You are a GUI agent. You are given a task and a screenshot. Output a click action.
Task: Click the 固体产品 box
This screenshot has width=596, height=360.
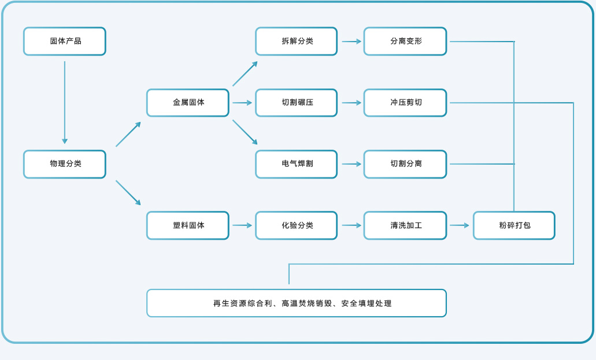(x=65, y=42)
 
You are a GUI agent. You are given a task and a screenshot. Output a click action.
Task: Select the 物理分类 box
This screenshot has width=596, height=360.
(x=65, y=164)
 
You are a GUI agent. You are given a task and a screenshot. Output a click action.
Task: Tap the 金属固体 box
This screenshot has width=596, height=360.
(x=188, y=103)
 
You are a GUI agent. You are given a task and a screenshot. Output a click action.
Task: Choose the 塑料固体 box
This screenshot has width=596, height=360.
(x=188, y=225)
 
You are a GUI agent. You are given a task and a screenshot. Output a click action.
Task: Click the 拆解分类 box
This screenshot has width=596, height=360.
(x=297, y=42)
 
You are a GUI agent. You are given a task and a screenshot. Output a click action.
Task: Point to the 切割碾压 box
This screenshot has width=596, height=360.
(x=297, y=103)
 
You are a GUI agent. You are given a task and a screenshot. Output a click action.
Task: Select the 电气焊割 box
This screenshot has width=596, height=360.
(x=297, y=164)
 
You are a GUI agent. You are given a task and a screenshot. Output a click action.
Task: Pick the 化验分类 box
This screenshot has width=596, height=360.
(x=297, y=225)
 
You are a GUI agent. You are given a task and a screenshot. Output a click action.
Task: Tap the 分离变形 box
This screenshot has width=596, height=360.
(x=405, y=42)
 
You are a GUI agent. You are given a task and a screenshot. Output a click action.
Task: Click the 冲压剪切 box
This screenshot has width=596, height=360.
(x=405, y=103)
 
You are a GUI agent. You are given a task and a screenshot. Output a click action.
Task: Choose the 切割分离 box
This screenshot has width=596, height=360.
(x=405, y=164)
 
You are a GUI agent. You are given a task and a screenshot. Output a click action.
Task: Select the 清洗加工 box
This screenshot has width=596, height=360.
(x=405, y=225)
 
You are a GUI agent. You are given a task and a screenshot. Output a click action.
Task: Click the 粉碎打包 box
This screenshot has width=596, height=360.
(x=514, y=225)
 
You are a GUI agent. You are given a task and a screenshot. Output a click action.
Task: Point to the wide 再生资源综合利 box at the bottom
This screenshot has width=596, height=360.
(x=297, y=303)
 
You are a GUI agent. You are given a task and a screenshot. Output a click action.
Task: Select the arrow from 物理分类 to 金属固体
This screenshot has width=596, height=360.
(x=128, y=134)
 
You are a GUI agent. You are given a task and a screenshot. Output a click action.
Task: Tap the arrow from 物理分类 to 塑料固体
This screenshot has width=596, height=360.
(x=128, y=193)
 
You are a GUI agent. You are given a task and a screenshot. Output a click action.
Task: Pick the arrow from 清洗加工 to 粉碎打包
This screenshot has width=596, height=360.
(x=460, y=225)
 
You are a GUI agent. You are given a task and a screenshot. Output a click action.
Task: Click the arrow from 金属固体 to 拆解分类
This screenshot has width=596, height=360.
(x=245, y=73)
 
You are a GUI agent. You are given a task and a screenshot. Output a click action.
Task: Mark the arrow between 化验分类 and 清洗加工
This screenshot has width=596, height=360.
(x=351, y=225)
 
